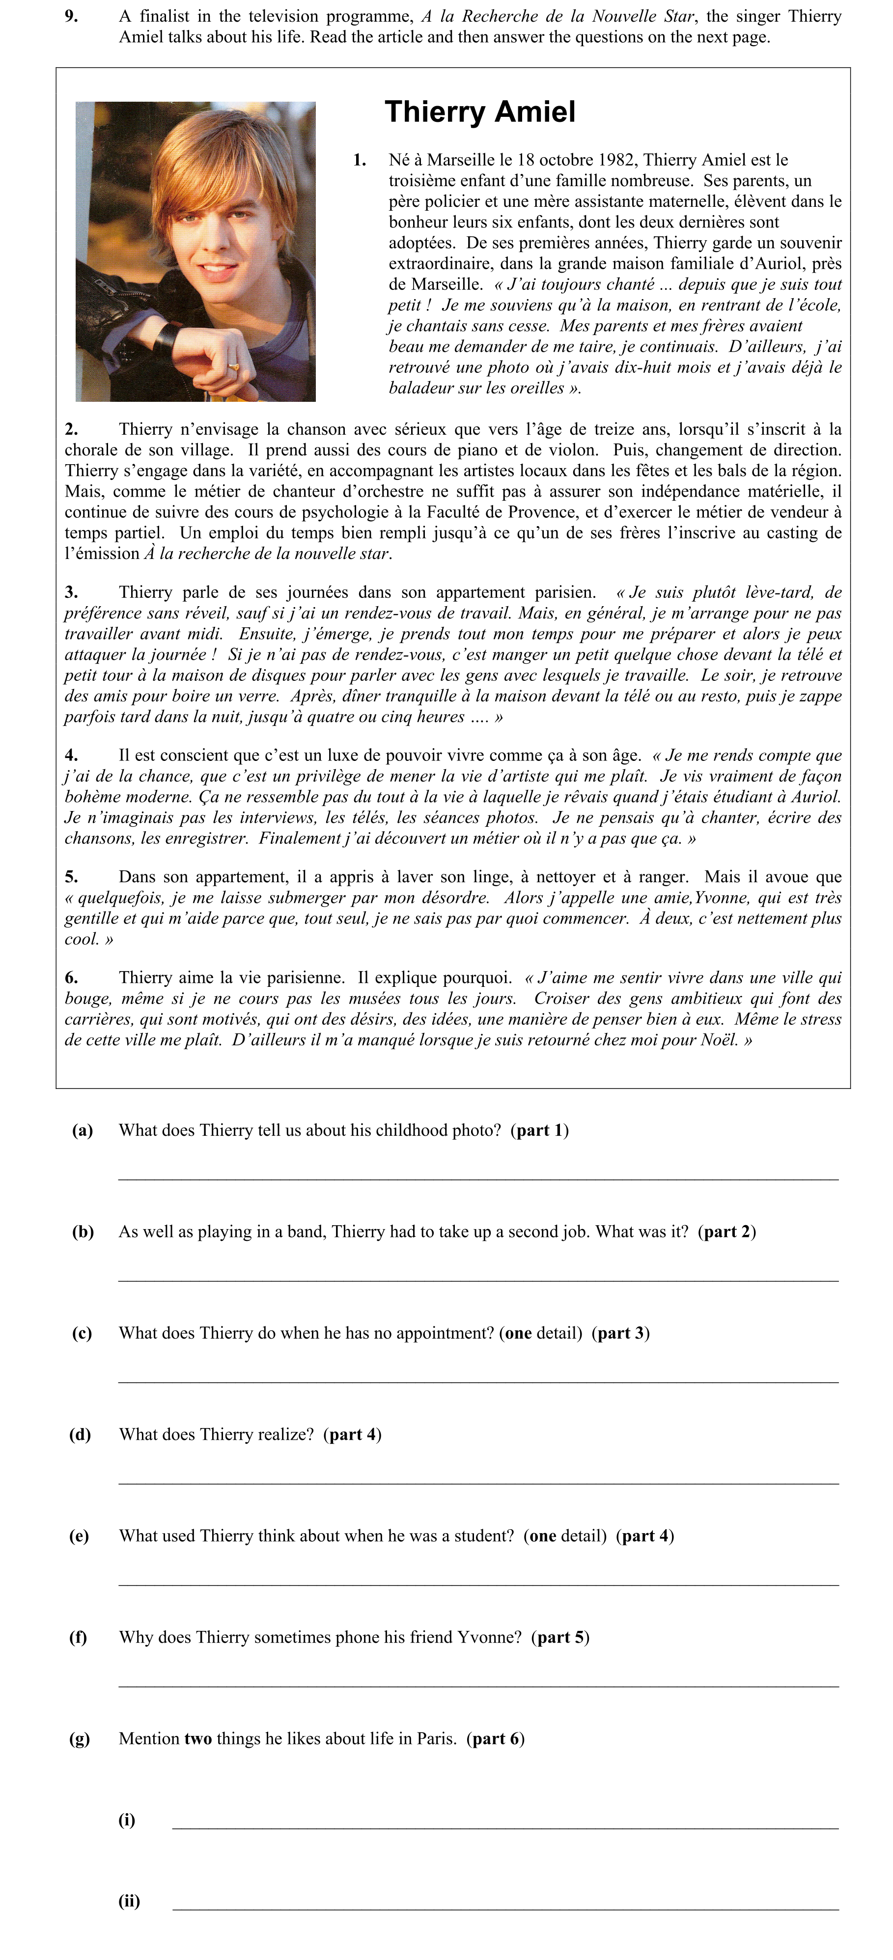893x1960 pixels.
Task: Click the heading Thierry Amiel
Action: point(479,112)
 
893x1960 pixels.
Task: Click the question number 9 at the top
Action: point(71,16)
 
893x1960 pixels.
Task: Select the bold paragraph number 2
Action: point(71,429)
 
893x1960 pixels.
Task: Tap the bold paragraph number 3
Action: point(71,592)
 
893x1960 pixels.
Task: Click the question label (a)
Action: point(82,1130)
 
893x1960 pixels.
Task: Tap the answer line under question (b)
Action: point(477,1281)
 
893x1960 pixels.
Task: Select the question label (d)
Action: point(80,1434)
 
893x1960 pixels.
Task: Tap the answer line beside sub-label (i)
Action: point(505,1827)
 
